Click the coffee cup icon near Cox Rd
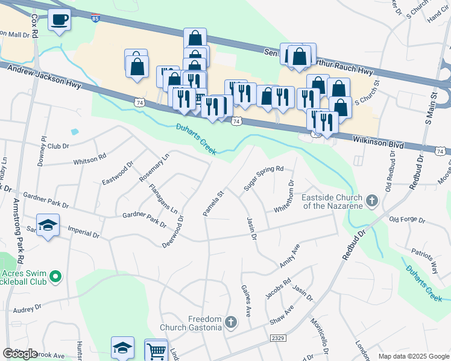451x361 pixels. coord(59,20)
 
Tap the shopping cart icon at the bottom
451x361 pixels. coord(156,350)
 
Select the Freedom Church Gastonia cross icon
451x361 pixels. coord(230,323)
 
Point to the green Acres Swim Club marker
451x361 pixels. coord(55,277)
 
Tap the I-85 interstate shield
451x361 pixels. coord(96,17)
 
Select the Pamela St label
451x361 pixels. coord(213,204)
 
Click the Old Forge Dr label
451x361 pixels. coord(408,220)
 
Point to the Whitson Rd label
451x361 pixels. coord(89,157)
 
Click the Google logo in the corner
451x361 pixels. coord(20,354)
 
